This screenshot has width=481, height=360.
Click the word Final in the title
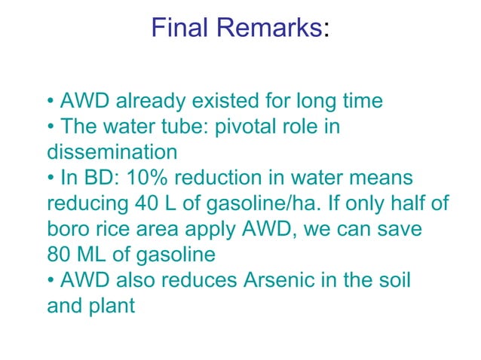[179, 29]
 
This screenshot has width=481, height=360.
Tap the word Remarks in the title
[266, 29]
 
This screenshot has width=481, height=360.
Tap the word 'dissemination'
[112, 152]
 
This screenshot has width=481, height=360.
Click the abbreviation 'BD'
[89, 178]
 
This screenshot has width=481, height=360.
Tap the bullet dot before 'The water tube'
[51, 127]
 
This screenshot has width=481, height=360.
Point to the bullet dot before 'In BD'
[51, 178]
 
